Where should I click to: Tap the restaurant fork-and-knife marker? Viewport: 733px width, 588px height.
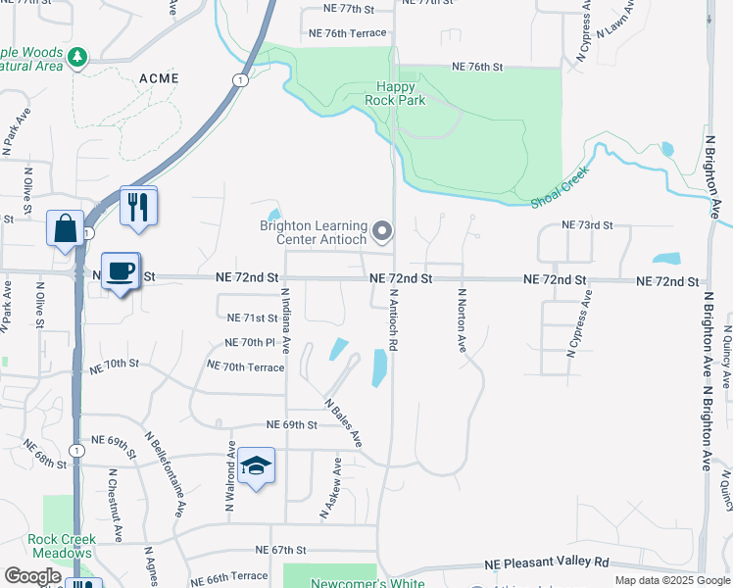pyautogui.click(x=138, y=206)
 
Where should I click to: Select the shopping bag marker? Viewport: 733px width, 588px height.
pyautogui.click(x=65, y=229)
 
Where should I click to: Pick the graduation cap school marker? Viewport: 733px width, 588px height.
pyautogui.click(x=256, y=465)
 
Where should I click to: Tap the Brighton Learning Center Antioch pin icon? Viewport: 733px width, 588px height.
pyautogui.click(x=383, y=232)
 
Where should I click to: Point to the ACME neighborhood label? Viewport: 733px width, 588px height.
pyautogui.click(x=159, y=77)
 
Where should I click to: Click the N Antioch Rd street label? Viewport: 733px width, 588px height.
pyautogui.click(x=393, y=318)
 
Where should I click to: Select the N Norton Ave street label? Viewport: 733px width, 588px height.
pyautogui.click(x=460, y=318)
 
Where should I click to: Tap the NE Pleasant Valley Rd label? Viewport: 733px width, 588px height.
pyautogui.click(x=547, y=563)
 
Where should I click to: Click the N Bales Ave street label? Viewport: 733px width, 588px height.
pyautogui.click(x=344, y=423)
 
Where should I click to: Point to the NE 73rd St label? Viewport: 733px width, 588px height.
pyautogui.click(x=586, y=225)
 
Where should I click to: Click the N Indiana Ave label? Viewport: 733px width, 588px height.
pyautogui.click(x=286, y=319)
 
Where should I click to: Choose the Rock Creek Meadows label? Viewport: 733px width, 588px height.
pyautogui.click(x=62, y=546)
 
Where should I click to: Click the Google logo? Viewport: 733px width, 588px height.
pyautogui.click(x=32, y=576)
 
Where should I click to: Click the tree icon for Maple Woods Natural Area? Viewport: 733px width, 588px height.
pyautogui.click(x=77, y=59)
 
